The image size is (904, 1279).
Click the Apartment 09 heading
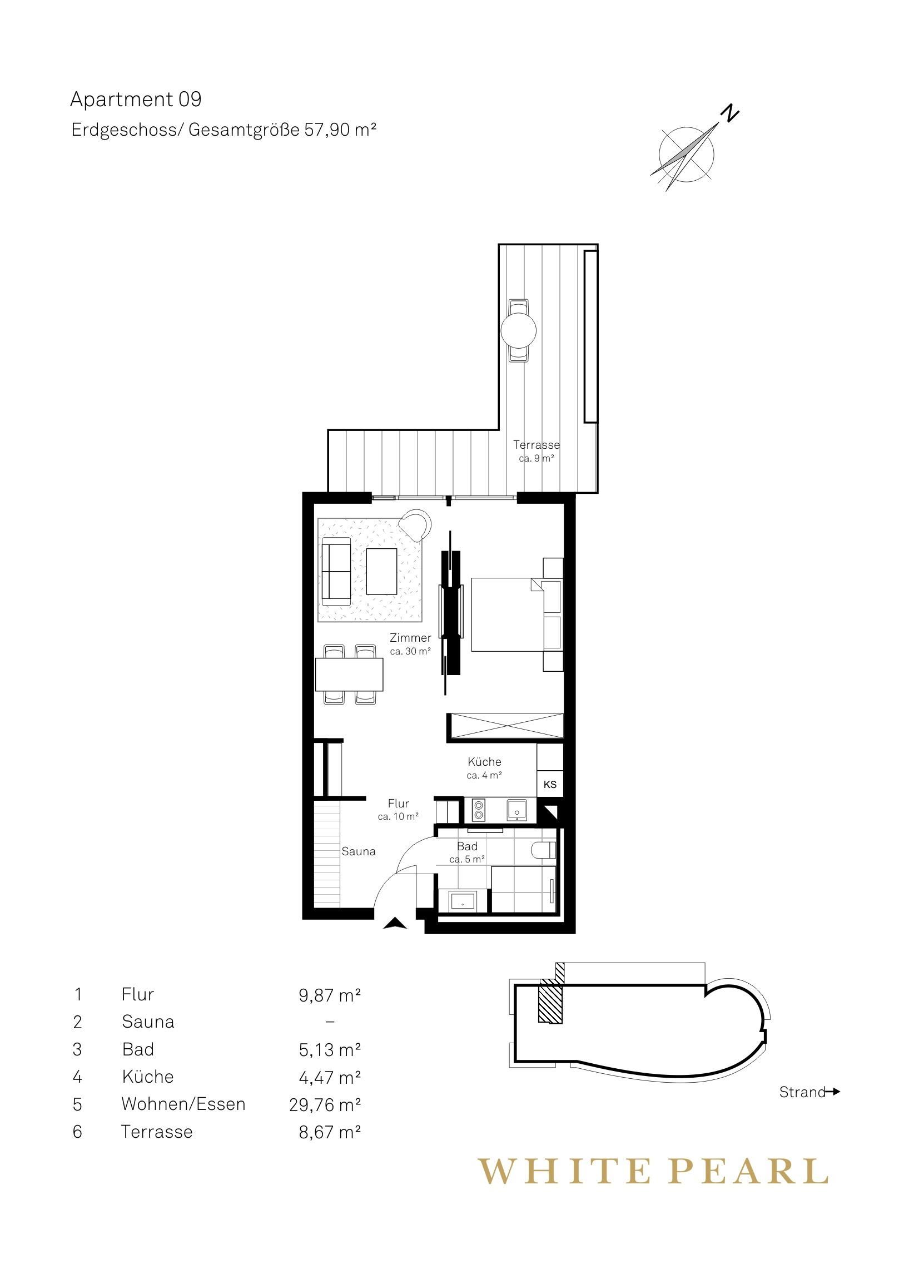(x=135, y=100)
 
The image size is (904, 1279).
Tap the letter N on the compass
(x=729, y=113)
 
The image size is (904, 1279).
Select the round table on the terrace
(x=519, y=331)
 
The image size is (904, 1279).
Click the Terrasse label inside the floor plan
(x=537, y=445)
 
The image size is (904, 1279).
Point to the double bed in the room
(x=506, y=614)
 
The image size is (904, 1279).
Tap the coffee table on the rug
(x=381, y=571)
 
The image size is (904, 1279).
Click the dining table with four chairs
(x=349, y=675)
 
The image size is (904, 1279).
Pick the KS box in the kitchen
(x=550, y=785)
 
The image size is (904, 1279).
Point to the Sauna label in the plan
(x=359, y=852)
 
